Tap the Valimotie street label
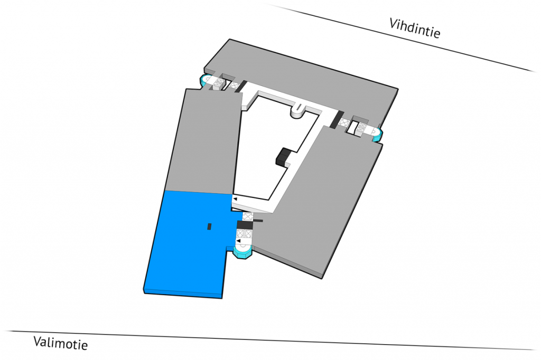click(60, 343)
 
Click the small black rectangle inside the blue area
click(209, 226)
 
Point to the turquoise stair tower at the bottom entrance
click(244, 253)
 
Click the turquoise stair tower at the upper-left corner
click(205, 81)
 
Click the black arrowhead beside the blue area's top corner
click(235, 198)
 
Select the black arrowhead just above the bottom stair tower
click(238, 241)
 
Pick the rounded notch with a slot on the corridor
click(297, 110)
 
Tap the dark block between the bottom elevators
click(245, 224)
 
